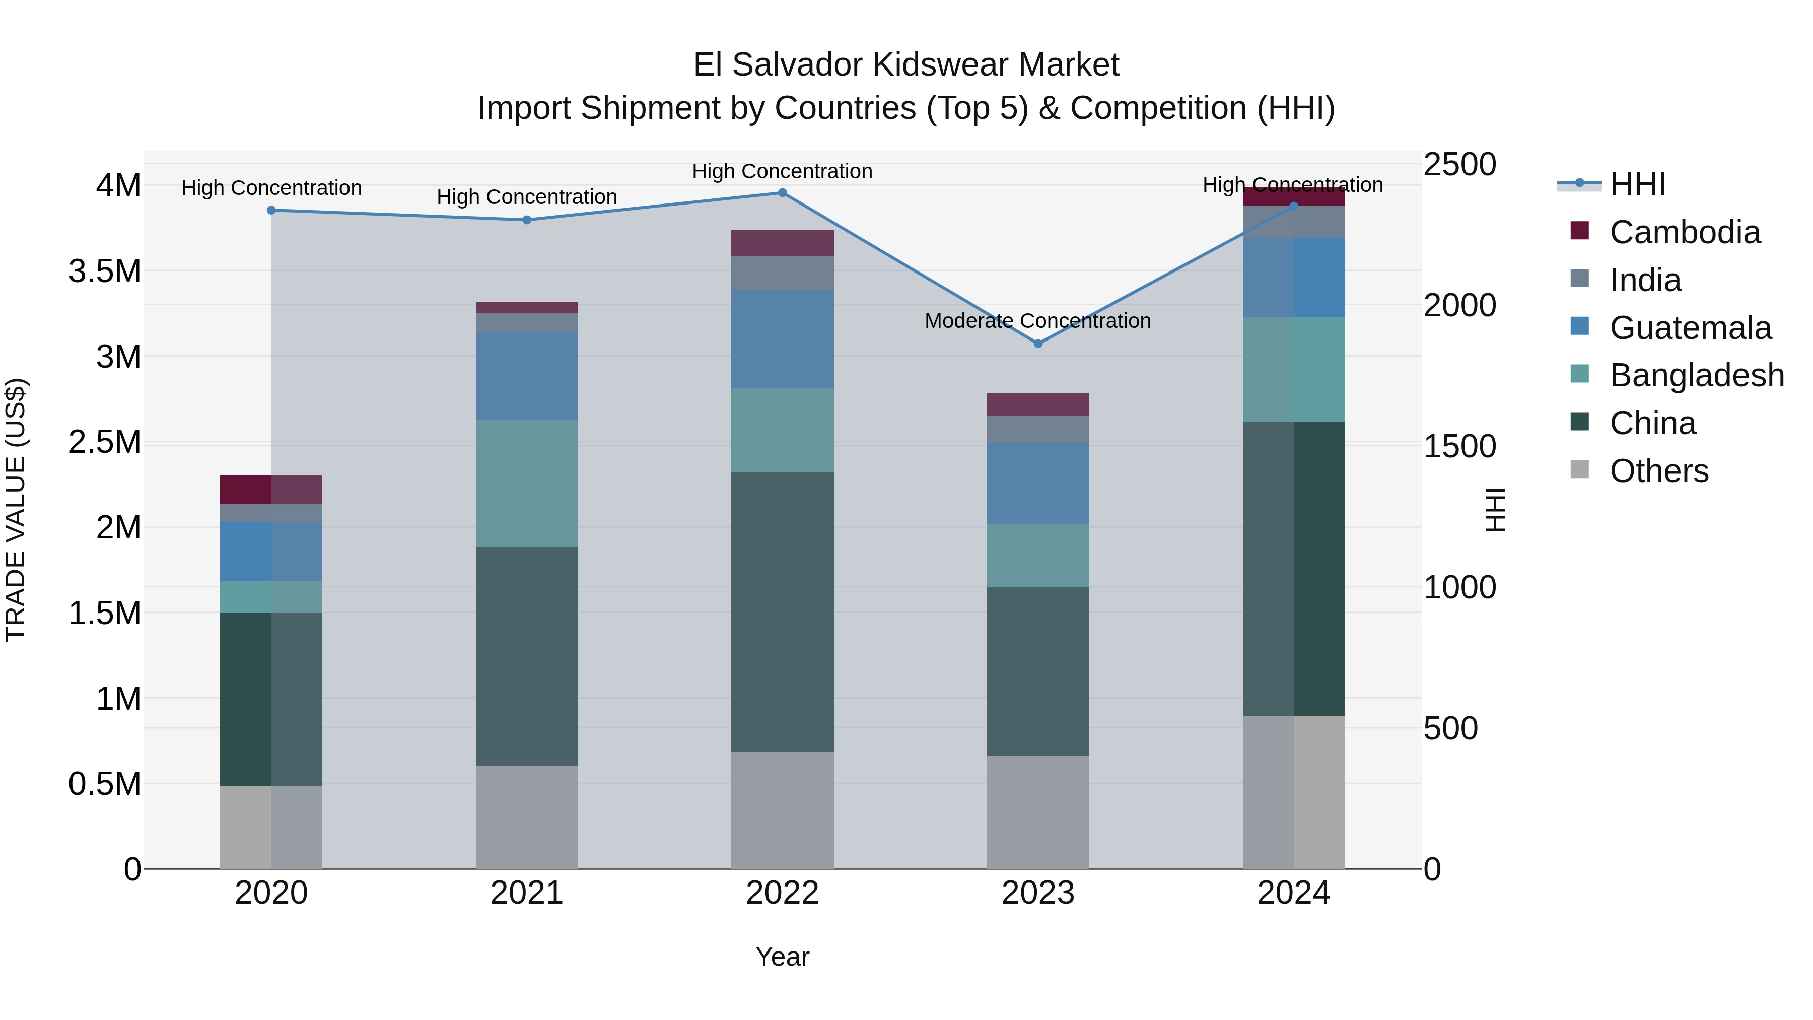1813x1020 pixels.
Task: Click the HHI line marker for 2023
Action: pos(1037,344)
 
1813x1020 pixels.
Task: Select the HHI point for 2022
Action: pos(782,193)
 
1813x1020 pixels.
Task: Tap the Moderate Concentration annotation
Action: pos(1037,321)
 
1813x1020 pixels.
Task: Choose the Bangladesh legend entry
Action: pos(1696,375)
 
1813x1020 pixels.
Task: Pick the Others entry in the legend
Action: pos(1658,471)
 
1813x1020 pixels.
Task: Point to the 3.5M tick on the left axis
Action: pos(105,271)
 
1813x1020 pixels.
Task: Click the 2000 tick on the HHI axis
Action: pos(1459,306)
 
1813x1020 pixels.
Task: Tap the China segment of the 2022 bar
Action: pos(782,611)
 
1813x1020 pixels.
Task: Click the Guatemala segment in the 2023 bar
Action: pos(1037,483)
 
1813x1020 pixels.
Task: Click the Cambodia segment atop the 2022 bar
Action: pos(782,244)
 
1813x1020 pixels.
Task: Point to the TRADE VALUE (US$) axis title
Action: pos(16,510)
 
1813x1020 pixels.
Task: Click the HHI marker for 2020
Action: pos(271,210)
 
